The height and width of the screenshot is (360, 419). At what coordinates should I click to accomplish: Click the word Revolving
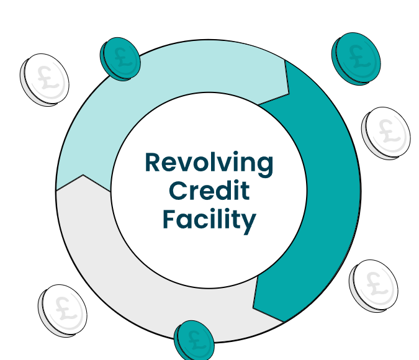209,163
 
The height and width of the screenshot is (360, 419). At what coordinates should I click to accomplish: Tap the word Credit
209,191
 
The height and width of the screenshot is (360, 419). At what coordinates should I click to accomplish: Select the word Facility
209,220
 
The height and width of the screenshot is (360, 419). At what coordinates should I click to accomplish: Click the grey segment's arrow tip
83,176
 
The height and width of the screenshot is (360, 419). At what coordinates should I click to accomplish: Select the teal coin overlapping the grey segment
194,340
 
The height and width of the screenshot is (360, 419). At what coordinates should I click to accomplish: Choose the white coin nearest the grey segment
62,308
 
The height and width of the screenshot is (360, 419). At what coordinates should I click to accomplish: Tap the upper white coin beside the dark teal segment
385,132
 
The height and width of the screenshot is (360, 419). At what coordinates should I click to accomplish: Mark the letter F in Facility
169,219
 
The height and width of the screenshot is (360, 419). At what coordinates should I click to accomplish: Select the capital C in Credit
178,191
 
